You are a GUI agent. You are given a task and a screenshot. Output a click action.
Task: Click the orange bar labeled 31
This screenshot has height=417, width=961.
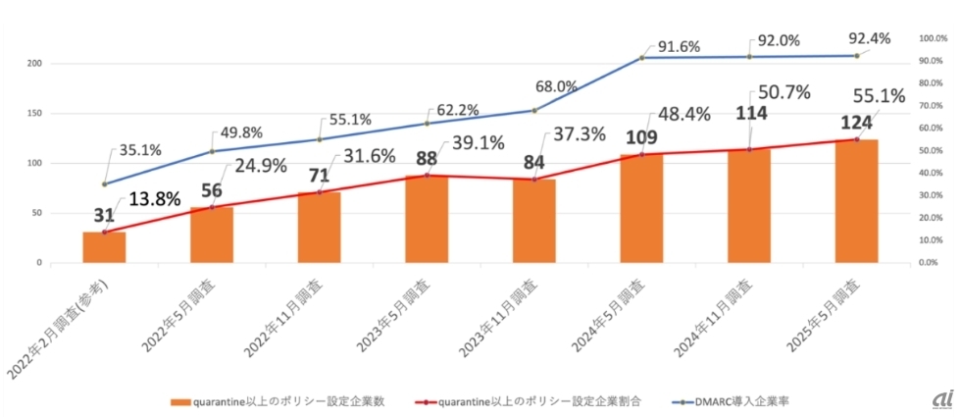click(x=104, y=247)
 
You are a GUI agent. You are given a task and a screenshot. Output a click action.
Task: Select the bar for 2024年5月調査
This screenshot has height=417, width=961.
click(x=641, y=208)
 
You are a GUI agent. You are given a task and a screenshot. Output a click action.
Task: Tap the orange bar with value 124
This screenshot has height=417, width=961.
click(x=856, y=201)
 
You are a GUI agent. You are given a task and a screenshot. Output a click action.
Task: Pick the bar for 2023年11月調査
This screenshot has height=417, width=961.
click(x=533, y=221)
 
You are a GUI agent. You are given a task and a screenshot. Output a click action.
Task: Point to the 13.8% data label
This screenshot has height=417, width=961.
click(x=155, y=199)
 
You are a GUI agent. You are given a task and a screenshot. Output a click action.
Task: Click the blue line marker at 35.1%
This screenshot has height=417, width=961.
click(x=104, y=183)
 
